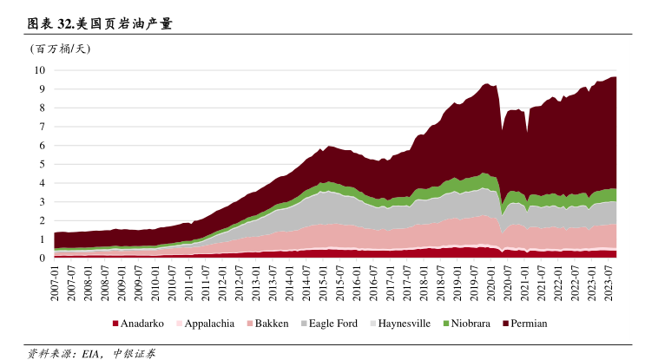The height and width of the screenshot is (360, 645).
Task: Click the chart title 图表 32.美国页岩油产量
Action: pyautogui.click(x=100, y=23)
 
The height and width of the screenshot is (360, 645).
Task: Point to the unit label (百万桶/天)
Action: pyautogui.click(x=60, y=49)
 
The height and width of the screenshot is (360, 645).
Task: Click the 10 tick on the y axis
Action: pyautogui.click(x=40, y=70)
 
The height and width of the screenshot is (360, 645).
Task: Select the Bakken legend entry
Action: pyautogui.click(x=271, y=324)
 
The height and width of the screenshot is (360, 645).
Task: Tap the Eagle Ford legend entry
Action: pyautogui.click(x=332, y=324)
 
